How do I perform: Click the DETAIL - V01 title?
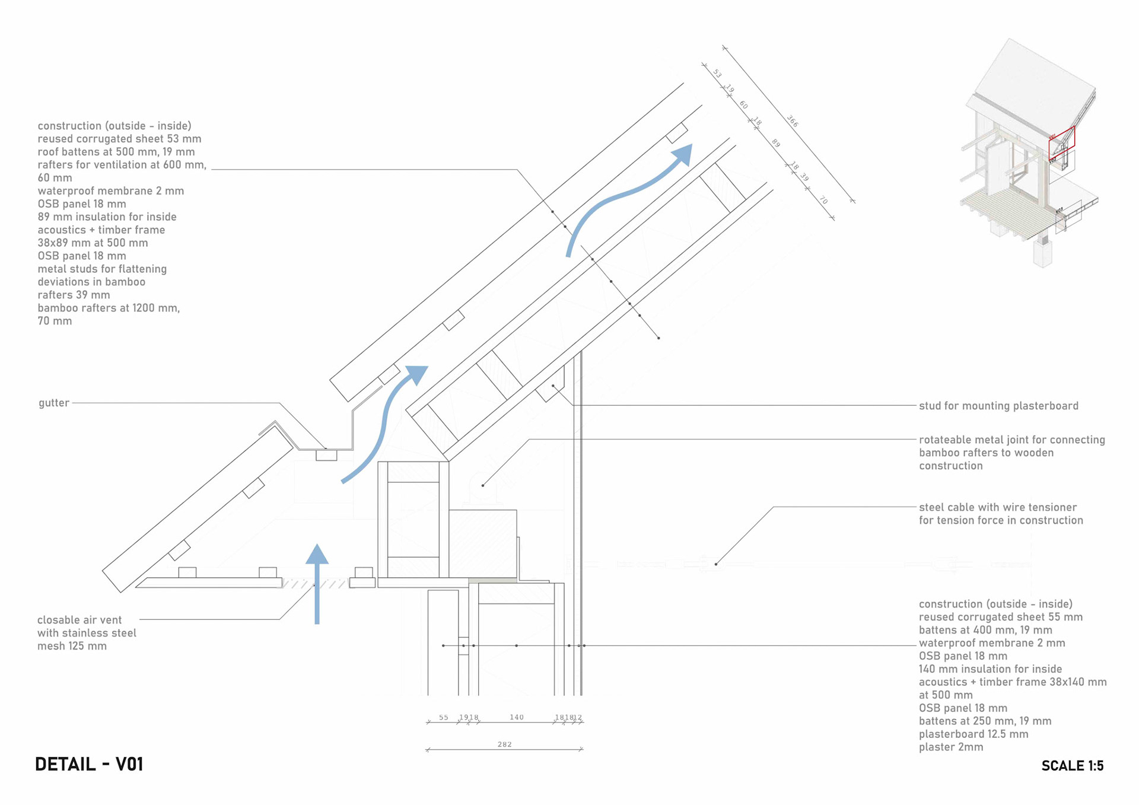click(x=89, y=764)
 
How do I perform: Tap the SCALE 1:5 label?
click(x=1072, y=766)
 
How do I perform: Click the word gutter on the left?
click(x=54, y=403)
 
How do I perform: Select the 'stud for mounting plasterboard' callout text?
click(x=998, y=406)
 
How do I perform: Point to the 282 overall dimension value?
click(x=504, y=744)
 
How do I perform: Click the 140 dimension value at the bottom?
click(x=516, y=717)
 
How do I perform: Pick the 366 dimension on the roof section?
click(x=793, y=121)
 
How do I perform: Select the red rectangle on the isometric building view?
click(x=1061, y=142)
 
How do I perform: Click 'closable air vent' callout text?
click(x=79, y=620)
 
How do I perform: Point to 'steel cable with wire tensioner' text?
click(x=997, y=507)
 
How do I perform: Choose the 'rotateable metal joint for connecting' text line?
click(x=1011, y=440)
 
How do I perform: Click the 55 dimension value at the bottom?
click(x=444, y=717)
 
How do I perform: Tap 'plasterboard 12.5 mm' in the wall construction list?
click(x=973, y=734)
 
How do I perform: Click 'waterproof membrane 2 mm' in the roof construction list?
click(x=110, y=191)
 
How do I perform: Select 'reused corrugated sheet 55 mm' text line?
click(x=1000, y=617)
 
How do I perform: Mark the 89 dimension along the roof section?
click(x=775, y=143)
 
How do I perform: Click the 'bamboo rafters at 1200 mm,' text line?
click(x=109, y=308)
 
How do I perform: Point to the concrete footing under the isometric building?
click(x=1043, y=253)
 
